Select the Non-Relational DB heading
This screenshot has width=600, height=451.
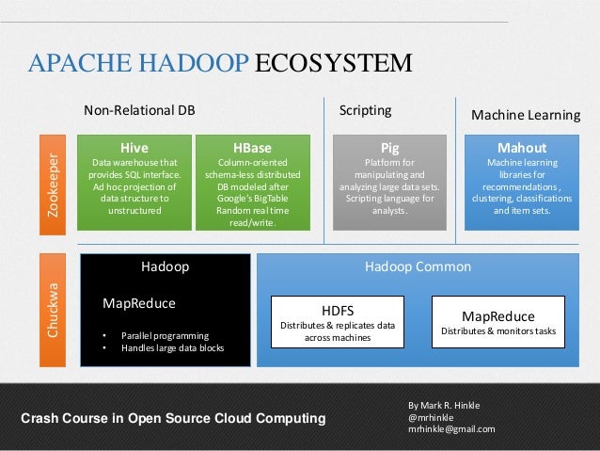(x=139, y=111)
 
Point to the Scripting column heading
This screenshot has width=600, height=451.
(x=365, y=111)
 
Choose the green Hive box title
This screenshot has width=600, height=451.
(x=134, y=148)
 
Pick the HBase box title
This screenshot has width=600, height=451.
(x=252, y=148)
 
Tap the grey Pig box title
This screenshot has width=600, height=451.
(x=389, y=148)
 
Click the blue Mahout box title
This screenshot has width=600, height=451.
(x=521, y=148)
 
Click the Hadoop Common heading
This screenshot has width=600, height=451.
(x=418, y=267)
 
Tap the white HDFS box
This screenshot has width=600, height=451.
(x=337, y=321)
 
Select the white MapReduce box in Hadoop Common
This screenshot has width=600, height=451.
(x=497, y=321)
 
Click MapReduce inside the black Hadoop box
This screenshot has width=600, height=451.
(x=138, y=303)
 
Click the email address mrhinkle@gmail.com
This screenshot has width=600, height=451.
(x=450, y=429)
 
